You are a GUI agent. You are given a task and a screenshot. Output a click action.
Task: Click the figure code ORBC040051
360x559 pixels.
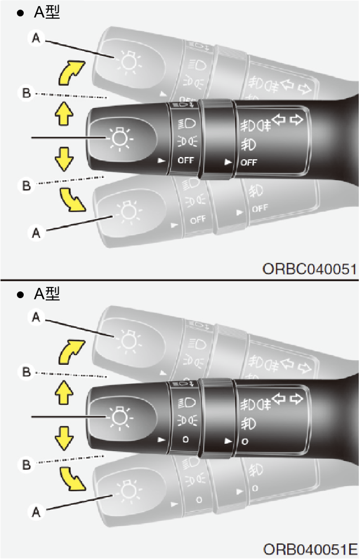(309, 269)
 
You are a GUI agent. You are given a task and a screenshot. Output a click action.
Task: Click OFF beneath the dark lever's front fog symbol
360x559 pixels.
(249, 162)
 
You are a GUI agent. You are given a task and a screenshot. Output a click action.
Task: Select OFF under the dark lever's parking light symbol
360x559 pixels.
(186, 160)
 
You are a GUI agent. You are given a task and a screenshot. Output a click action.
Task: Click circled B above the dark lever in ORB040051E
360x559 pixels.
(27, 372)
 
